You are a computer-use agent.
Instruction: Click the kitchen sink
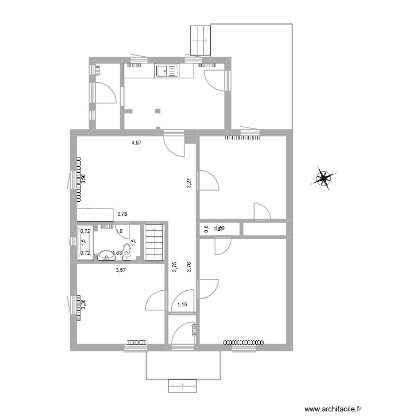166,71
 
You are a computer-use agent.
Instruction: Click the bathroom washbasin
105,256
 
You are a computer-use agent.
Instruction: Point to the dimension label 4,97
136,143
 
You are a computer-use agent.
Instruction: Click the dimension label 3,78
122,213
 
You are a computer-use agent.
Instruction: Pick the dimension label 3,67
120,270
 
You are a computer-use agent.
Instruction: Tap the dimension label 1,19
182,304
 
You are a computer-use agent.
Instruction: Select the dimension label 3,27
189,183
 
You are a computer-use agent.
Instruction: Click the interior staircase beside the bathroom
155,242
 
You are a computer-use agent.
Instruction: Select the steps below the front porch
183,386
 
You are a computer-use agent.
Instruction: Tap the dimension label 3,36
83,305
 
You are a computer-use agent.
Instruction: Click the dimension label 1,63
117,253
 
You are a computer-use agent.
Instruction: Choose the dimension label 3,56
83,180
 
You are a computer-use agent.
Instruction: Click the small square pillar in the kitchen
157,110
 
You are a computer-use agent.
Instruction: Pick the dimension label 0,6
206,229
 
